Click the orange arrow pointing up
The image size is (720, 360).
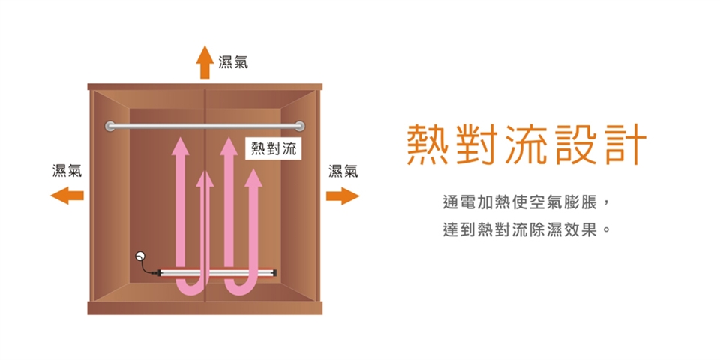(205, 61)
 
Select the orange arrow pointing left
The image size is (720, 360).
(67, 196)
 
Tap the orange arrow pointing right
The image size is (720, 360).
(342, 196)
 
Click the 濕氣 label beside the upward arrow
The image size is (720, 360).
(233, 61)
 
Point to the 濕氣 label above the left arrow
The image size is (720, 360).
(67, 172)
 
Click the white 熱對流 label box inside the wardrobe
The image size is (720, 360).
(274, 148)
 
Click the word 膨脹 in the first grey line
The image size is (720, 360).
(585, 202)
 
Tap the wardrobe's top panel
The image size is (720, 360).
(205, 87)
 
